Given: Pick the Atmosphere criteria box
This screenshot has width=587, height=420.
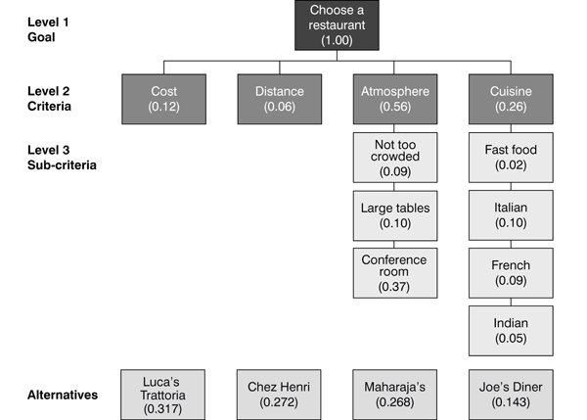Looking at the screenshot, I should [394, 99].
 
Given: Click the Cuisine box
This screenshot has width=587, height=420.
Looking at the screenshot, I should [511, 99].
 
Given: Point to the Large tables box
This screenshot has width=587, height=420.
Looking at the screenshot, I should [394, 215].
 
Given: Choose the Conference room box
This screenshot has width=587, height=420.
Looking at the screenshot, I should [394, 273].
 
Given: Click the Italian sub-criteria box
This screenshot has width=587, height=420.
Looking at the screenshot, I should [511, 215].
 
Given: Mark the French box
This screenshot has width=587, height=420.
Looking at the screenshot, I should [511, 273].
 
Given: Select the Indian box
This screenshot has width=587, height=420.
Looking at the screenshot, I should [511, 331].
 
